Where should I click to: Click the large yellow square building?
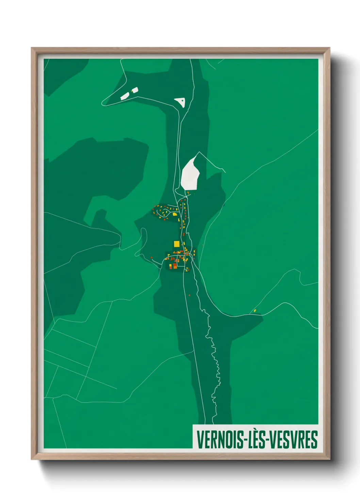pos(176,244)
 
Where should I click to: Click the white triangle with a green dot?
pos(180,101)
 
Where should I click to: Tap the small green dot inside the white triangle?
pos(183,100)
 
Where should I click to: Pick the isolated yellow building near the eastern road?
pos(255,311)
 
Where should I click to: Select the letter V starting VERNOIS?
pos(200,440)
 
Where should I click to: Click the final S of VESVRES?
pos(314,440)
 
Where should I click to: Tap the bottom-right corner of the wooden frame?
pos(329,459)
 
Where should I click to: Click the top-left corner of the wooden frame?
pos(32,48)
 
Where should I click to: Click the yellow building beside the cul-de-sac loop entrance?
pos(175,214)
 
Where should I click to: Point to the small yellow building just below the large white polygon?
pos(188,193)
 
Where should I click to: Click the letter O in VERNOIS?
pos(226,440)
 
